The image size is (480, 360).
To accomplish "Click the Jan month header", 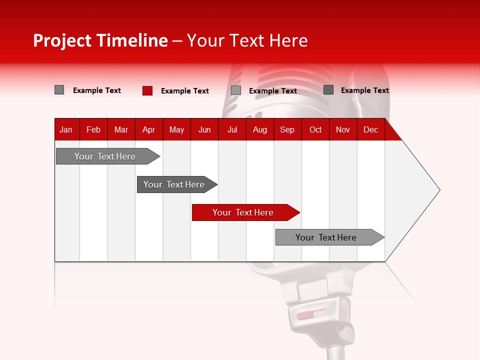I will tap(66, 129).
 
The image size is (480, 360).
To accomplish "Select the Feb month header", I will tap(93, 129).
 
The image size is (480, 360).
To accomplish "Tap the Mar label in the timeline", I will tap(121, 129).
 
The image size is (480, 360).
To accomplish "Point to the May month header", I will tap(176, 129).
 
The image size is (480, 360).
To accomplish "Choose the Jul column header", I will tap(232, 129).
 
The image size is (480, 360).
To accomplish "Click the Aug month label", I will tap(259, 129).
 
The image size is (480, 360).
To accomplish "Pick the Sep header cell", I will tap(287, 129).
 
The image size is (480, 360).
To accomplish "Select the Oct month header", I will tap(315, 129).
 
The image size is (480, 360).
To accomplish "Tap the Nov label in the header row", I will tap(342, 129).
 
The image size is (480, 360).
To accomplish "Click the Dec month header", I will tap(370, 129).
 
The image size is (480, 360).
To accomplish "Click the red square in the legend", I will tap(147, 90).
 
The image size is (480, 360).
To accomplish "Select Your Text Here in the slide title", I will tap(247, 40).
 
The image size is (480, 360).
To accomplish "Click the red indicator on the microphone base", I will tap(304, 315).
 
